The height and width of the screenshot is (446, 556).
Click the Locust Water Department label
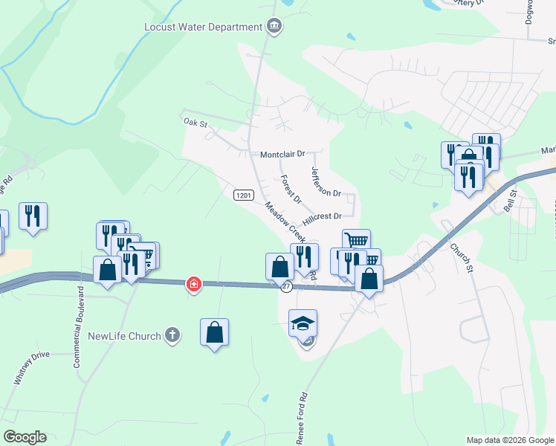[x=203, y=27]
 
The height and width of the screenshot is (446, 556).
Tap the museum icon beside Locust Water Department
[x=274, y=27]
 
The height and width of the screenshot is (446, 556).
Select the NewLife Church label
[x=124, y=336]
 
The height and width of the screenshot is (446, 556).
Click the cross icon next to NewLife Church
[x=172, y=335]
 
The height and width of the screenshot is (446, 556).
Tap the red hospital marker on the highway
[x=193, y=284]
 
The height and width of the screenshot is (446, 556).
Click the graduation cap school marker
[x=303, y=323]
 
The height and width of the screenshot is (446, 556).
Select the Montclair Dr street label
[x=282, y=155]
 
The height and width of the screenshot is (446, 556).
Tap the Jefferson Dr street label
[x=325, y=182]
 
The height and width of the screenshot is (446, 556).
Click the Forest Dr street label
[x=291, y=189]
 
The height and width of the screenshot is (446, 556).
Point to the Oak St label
[x=193, y=120]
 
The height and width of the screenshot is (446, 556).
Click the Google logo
[x=25, y=437]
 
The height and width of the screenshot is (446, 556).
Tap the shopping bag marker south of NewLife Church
[x=214, y=332]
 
